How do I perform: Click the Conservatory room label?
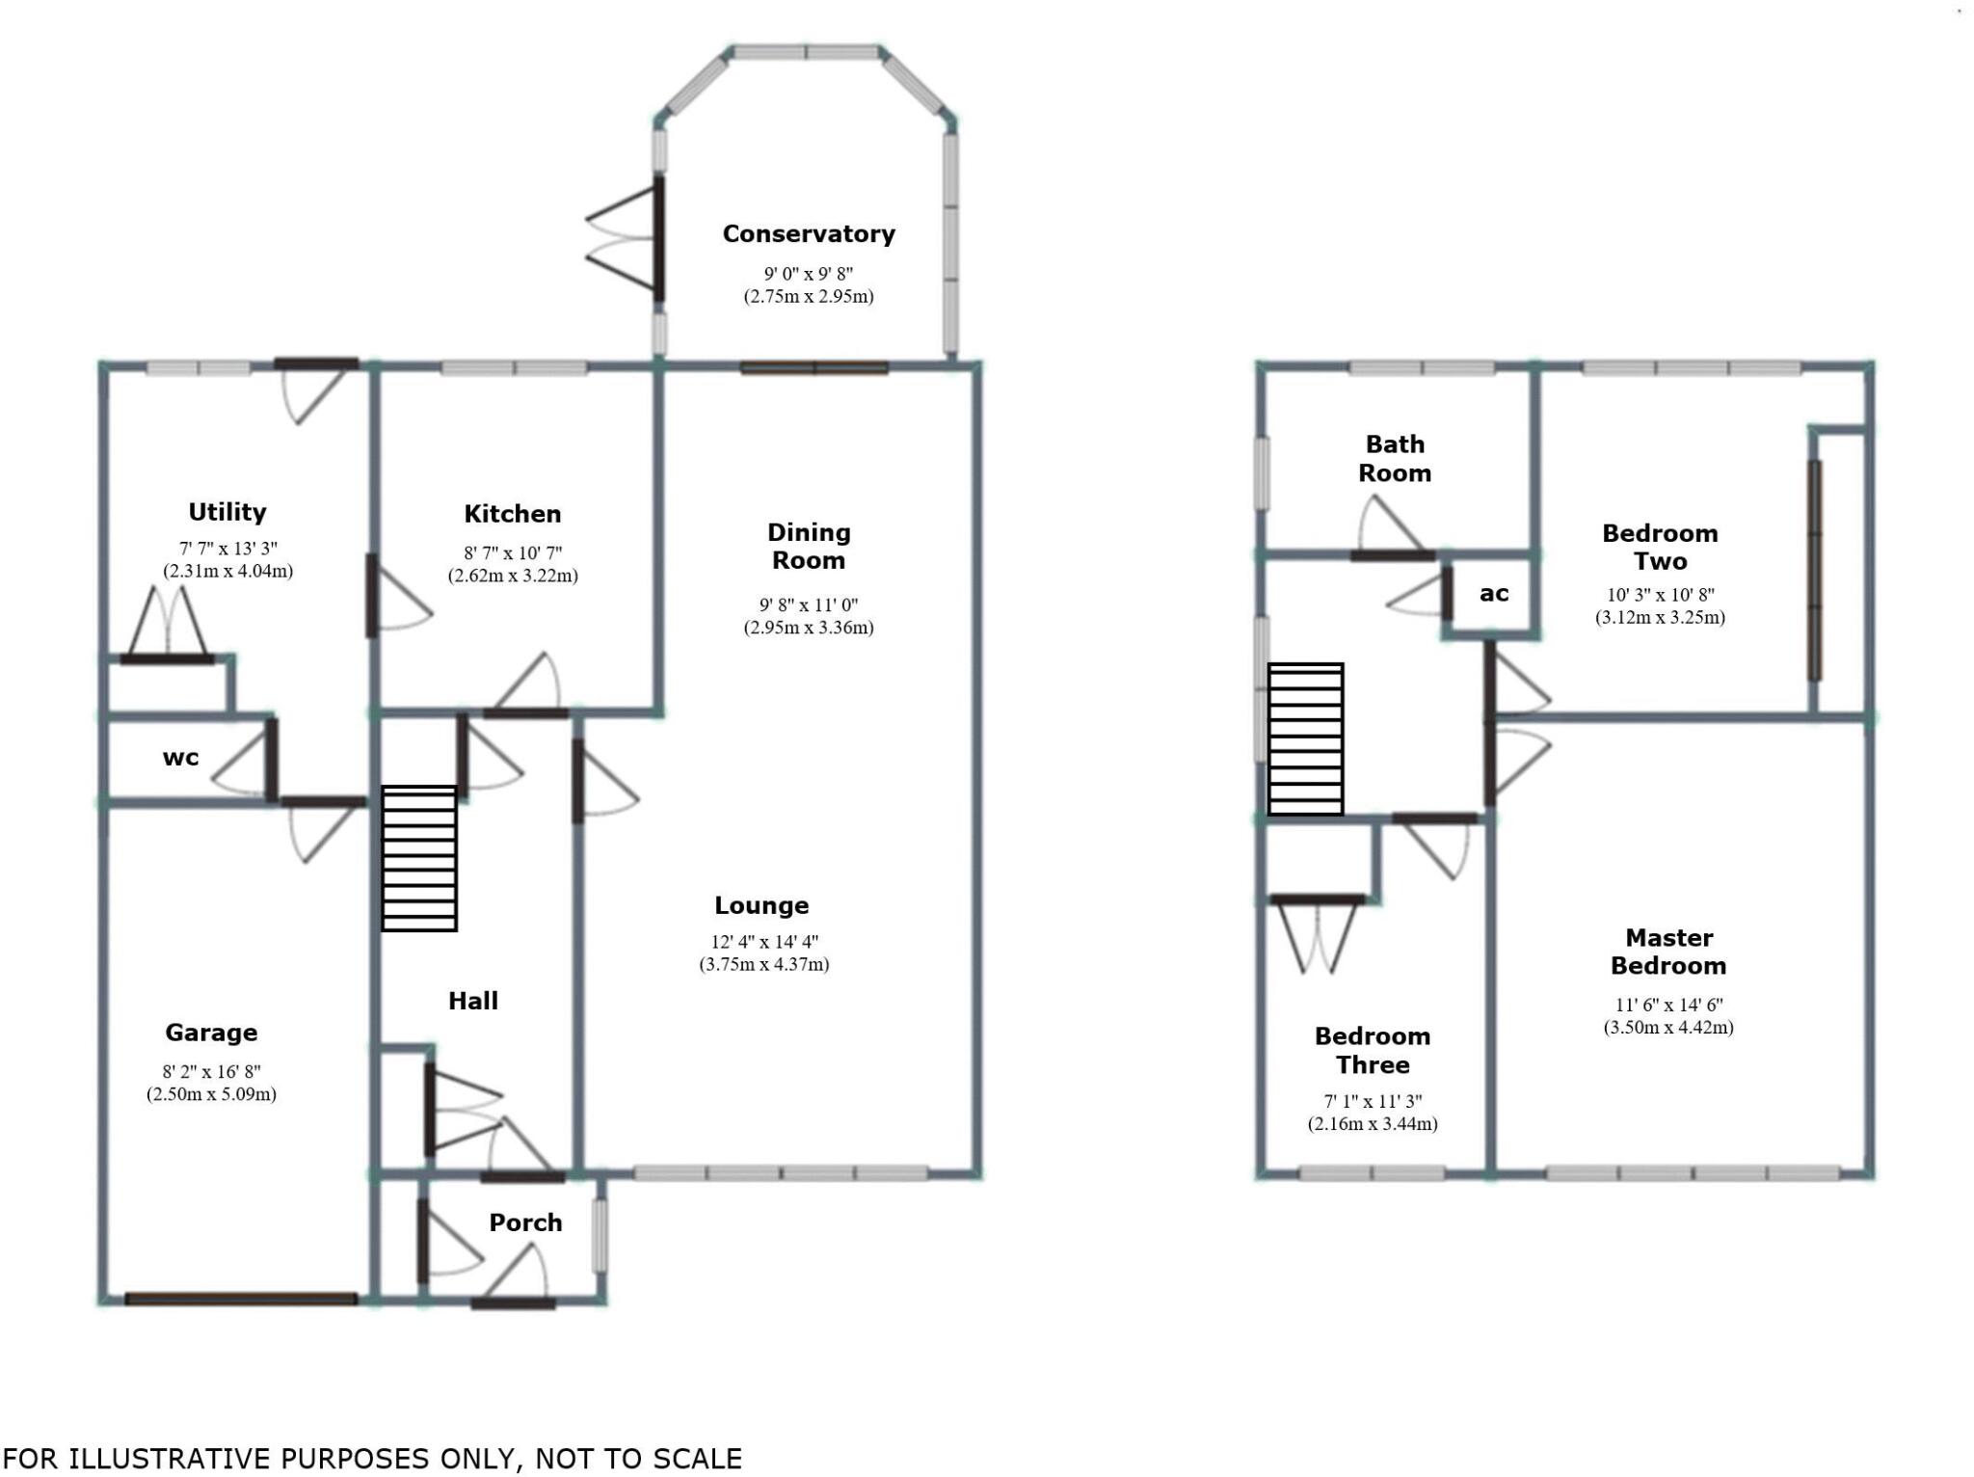(x=808, y=234)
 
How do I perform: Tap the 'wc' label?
(x=180, y=758)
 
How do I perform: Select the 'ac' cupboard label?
(x=1493, y=594)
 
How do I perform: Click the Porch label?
(x=525, y=1222)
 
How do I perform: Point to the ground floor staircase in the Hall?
(x=419, y=858)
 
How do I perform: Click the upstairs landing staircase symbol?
(x=1305, y=738)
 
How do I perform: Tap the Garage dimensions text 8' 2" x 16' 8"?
(x=211, y=1071)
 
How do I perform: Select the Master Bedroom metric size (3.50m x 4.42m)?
(x=1667, y=1028)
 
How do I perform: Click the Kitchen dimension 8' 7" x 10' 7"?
(x=512, y=553)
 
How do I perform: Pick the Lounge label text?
(x=761, y=905)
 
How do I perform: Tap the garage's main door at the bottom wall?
(x=241, y=1299)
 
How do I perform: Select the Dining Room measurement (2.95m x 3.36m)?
(x=808, y=628)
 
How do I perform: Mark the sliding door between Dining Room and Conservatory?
(x=814, y=367)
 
